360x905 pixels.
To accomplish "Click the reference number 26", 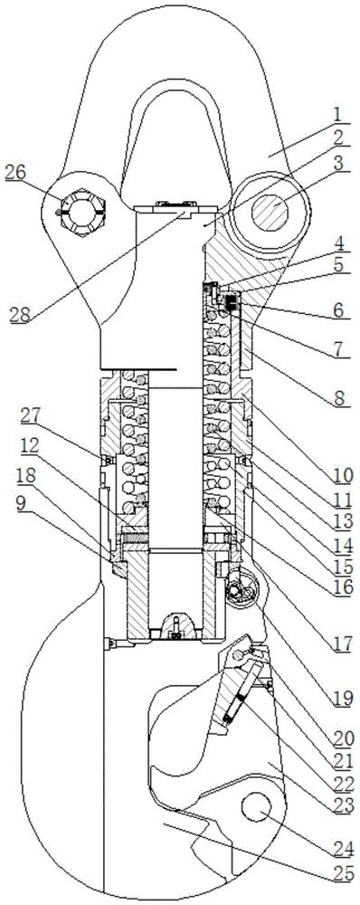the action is pyautogui.click(x=15, y=172).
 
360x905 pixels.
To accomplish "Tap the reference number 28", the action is pyautogui.click(x=20, y=314).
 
